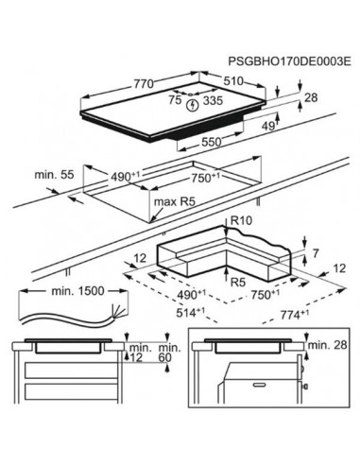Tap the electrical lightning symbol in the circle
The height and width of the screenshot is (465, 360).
tap(195, 105)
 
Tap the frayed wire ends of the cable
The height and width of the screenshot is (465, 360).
tap(116, 314)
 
